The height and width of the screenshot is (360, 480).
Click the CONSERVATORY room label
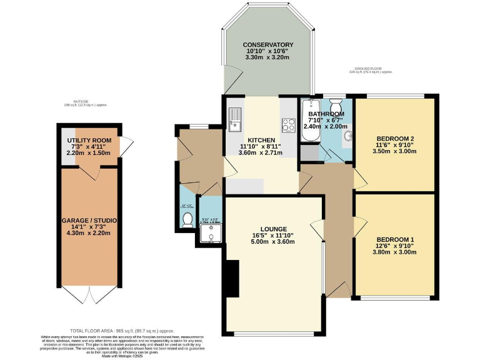268,45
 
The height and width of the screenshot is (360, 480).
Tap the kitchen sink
234,119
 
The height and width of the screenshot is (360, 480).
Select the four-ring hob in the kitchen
289,125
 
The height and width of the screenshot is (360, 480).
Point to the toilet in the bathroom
336,103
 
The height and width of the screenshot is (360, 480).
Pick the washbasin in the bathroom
347,136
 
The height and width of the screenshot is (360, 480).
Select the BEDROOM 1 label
395,240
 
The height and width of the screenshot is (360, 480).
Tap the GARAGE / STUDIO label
89,221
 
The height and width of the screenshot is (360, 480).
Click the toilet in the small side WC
187,218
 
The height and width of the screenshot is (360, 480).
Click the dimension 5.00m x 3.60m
268,242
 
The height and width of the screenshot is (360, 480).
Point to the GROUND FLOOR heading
373,68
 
